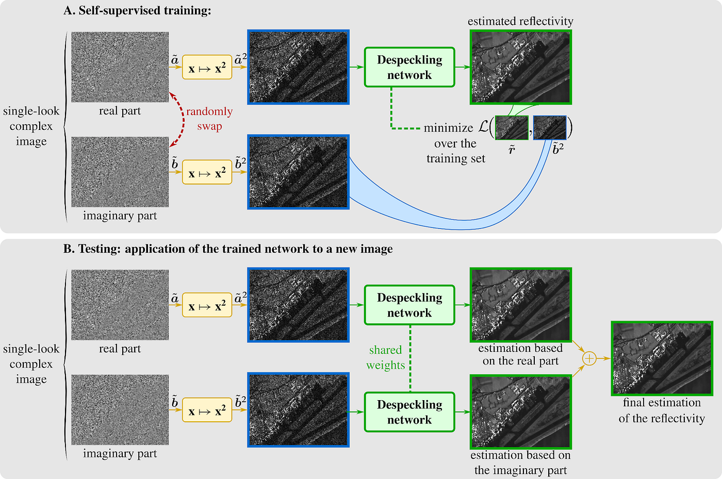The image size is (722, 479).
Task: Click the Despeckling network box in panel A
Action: coord(409,67)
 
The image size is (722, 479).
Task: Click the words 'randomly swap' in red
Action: coord(209,119)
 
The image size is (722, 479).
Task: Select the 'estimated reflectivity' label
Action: coord(520,21)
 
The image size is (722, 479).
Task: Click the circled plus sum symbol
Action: coord(589,358)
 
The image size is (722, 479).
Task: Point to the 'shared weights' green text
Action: coord(385,357)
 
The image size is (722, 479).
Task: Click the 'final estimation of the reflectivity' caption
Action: coord(662,410)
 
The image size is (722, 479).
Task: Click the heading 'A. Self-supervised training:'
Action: coord(137,10)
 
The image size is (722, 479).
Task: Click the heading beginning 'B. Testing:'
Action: coord(227,249)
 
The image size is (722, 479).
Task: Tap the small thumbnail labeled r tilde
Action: coord(512,127)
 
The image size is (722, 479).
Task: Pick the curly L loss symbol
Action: coord(483,127)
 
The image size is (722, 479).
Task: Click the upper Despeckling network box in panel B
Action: coord(409,305)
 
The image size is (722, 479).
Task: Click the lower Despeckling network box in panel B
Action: coord(409,412)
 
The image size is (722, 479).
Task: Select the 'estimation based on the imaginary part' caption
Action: coord(520,463)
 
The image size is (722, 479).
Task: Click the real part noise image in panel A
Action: coord(120,67)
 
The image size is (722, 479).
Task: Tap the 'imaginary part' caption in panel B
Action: coord(120,453)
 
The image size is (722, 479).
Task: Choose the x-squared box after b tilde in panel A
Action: coord(207,174)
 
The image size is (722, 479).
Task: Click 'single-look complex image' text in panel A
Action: coord(31,126)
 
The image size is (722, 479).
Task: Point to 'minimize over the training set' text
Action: coord(455,143)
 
